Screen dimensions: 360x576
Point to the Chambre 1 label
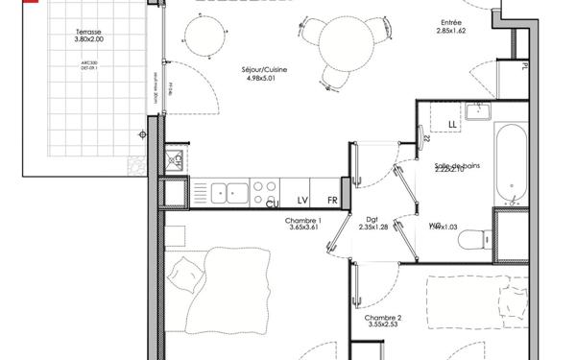coord(303,220)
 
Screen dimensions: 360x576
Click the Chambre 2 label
coord(383,317)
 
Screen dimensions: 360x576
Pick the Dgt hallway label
coord(372,219)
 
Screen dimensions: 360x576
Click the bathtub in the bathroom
coord(508,163)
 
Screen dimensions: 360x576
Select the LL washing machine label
coord(453,125)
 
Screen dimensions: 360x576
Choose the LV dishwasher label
coord(302,200)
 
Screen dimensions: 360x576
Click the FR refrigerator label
coord(332,200)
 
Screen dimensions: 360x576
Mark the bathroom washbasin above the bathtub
coord(477,111)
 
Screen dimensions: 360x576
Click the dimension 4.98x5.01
coord(267,81)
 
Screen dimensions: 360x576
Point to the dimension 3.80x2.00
coord(94,40)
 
